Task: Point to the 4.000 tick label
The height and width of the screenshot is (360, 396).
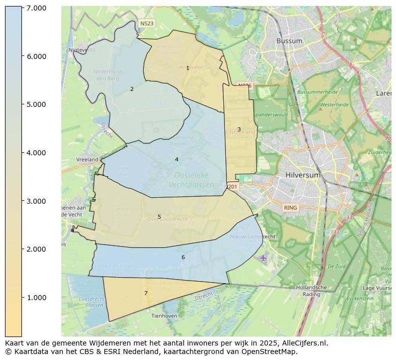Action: coord(36,153)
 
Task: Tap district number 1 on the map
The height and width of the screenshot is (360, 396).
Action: coord(188,68)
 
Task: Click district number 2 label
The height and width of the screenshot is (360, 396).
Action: coord(132,89)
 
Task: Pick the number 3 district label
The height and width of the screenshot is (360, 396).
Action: coord(239,129)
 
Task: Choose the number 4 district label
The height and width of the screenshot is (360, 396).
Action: coord(177,159)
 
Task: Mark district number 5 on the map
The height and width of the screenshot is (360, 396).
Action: coord(159,217)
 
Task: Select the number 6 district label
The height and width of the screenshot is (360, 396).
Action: coord(183,257)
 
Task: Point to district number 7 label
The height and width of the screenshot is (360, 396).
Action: coord(146,293)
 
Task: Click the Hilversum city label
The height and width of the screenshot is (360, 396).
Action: coord(303,175)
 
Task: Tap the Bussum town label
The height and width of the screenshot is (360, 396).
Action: coord(290,40)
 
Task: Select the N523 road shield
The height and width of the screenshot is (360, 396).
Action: coord(147,23)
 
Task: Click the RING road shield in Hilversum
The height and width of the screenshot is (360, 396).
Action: coord(290,207)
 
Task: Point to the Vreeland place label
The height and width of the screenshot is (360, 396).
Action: coord(87,159)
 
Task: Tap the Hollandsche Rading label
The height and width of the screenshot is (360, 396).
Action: coord(311,291)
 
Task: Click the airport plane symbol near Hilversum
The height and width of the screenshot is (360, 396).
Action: coord(263,258)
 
